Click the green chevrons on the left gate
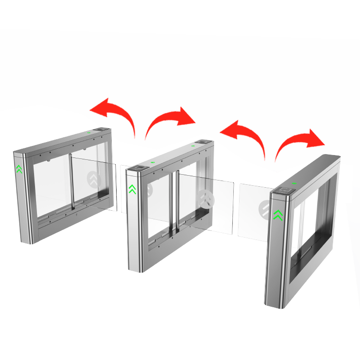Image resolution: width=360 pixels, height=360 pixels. (x=19, y=168)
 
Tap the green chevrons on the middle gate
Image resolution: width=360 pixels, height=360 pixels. (x=132, y=189)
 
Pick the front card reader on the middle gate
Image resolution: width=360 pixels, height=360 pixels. (x=140, y=168)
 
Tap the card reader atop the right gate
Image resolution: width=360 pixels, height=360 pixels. (x=286, y=190)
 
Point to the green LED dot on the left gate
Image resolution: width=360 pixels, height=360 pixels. (x=89, y=132)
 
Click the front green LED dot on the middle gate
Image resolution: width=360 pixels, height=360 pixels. (x=153, y=162)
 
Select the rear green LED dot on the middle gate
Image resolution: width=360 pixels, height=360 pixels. (x=193, y=145)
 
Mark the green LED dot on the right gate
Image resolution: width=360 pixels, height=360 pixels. (x=295, y=183)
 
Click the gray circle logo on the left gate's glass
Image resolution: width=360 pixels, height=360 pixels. (x=94, y=180)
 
